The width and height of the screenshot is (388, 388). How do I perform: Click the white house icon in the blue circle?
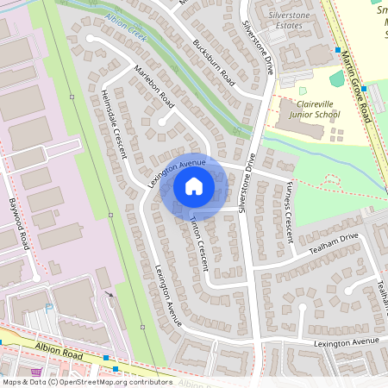[x=194, y=185]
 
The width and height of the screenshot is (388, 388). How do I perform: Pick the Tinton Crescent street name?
[x=199, y=244]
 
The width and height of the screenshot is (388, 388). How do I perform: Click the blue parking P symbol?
[x=49, y=306]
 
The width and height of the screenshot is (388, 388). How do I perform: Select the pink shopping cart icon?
[x=35, y=372]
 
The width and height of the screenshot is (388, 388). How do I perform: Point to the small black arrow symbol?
[x=110, y=295]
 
